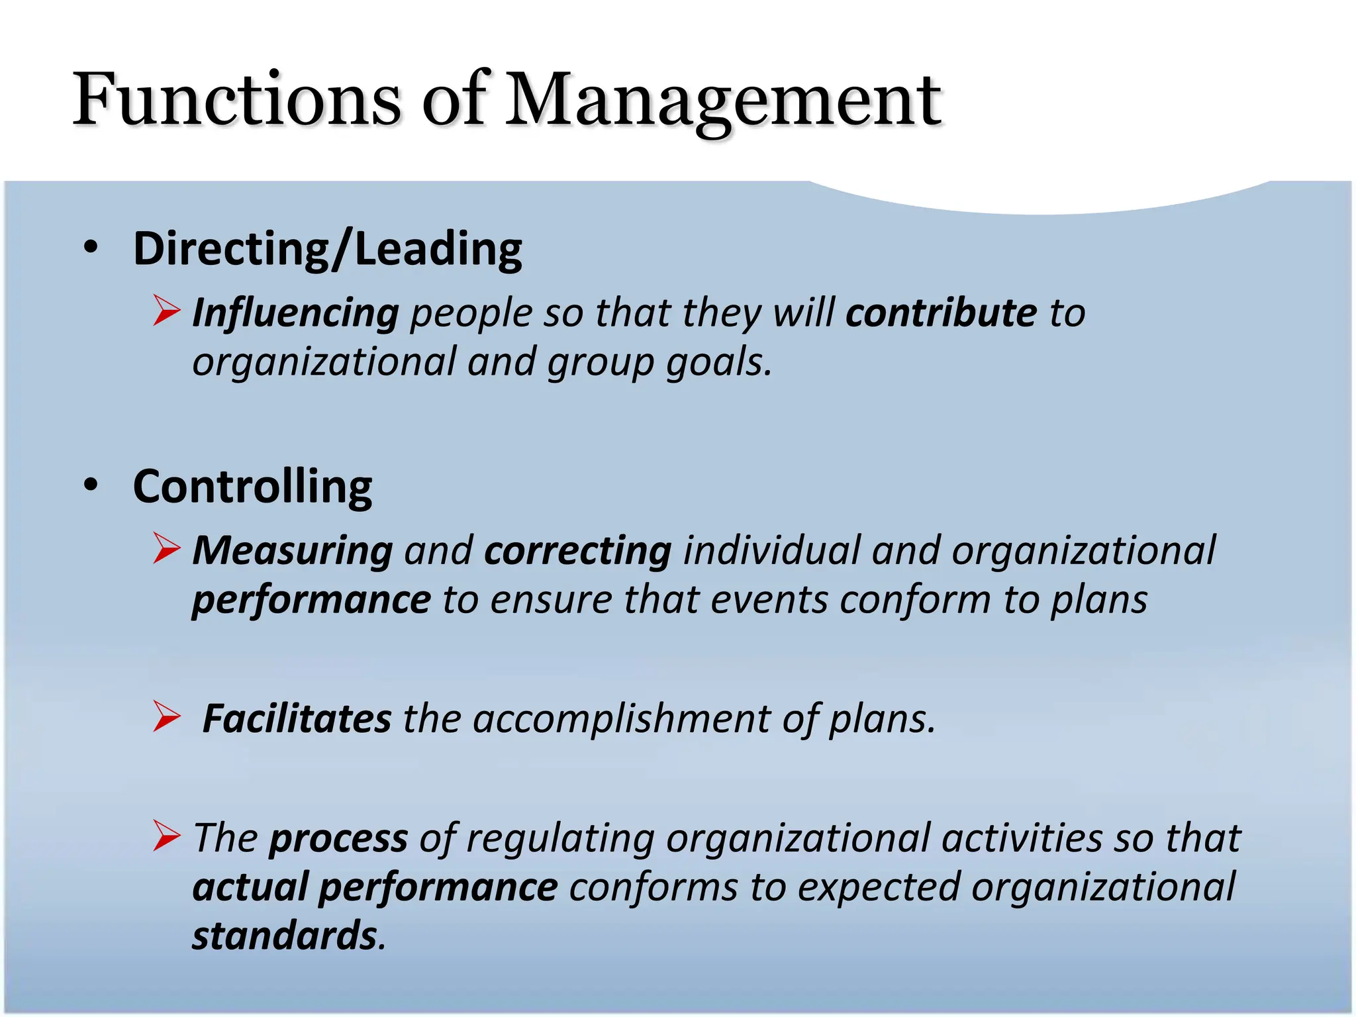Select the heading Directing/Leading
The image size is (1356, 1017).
coord(327,249)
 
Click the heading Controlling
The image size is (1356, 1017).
coord(252,487)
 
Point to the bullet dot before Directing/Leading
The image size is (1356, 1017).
coord(91,248)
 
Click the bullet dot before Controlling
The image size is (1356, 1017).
coord(91,485)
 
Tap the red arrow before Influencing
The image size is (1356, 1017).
coord(166,311)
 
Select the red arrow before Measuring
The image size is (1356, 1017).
coord(166,548)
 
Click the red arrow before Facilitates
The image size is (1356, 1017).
coord(166,716)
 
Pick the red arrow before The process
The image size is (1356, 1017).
coord(166,836)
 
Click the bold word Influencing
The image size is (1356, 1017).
coord(295,313)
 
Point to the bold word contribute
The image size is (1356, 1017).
coord(941,313)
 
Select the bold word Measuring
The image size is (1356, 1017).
coord(293,551)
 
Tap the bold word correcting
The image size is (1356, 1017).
coord(577,551)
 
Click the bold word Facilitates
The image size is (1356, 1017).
coord(297,718)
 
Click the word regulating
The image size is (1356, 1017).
coord(560,839)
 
